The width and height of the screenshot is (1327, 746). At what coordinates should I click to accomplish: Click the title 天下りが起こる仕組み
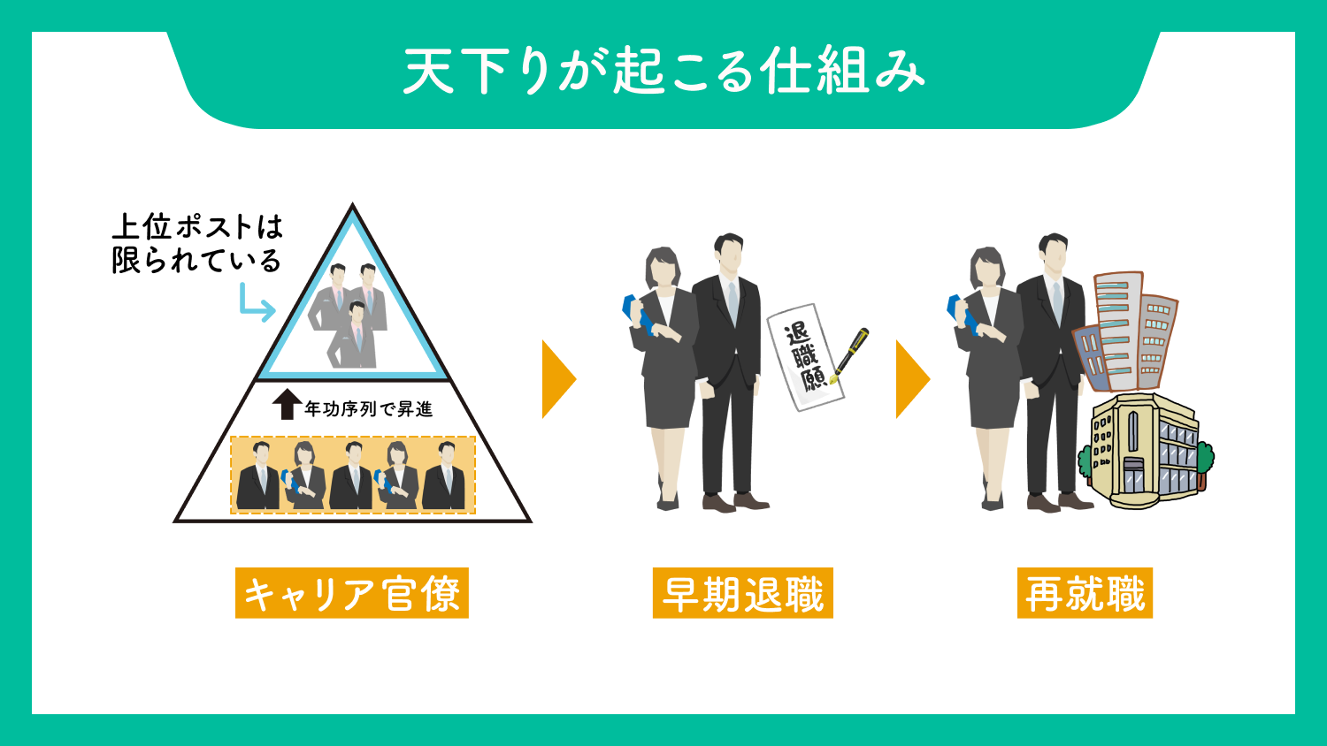click(x=663, y=72)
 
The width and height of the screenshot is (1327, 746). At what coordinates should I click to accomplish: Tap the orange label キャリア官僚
click(x=352, y=593)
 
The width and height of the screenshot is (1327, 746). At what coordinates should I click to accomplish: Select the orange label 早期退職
click(x=743, y=593)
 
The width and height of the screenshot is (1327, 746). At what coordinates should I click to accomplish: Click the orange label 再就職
click(x=1085, y=593)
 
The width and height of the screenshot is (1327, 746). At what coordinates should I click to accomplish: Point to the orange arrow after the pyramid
click(x=558, y=379)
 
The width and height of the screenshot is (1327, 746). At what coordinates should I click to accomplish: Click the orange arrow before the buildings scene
click(x=912, y=379)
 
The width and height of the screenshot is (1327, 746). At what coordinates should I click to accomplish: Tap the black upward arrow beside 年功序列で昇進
click(x=288, y=405)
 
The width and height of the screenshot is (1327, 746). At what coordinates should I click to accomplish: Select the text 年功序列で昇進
click(x=369, y=409)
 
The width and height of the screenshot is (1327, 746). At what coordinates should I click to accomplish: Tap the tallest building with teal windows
click(x=1118, y=331)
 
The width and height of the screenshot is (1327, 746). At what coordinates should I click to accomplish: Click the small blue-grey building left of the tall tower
click(x=1089, y=358)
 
